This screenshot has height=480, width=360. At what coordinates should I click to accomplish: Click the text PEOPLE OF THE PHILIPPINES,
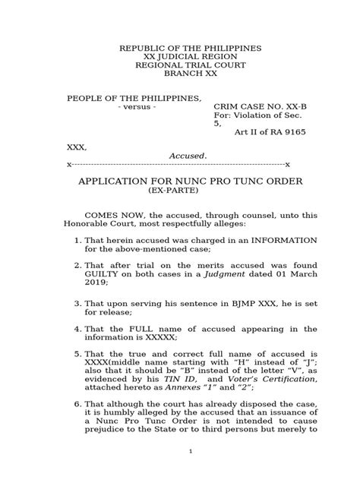135,99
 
